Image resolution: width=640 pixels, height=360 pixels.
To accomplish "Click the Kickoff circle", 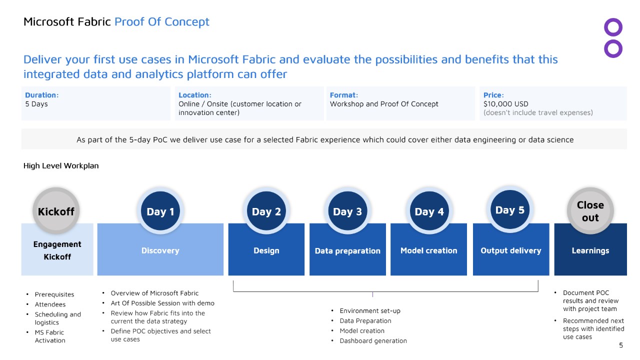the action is [x=56, y=211].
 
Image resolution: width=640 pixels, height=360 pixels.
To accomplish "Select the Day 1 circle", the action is [x=160, y=211].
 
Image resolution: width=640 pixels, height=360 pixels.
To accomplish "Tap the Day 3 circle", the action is [x=347, y=211].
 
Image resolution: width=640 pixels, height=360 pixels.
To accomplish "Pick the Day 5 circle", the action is [x=510, y=209].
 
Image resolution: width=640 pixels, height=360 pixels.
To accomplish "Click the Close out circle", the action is [x=590, y=211].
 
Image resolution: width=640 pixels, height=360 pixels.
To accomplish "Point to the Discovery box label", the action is [x=160, y=250].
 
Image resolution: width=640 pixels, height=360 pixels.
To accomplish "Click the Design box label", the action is [x=266, y=250].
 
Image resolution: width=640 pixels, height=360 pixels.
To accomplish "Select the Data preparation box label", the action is [x=347, y=251].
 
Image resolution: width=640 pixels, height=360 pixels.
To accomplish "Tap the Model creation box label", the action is [x=428, y=250].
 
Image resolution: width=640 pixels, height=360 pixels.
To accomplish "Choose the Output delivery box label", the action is [x=511, y=250].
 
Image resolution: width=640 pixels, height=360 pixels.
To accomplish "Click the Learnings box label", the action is [x=590, y=250].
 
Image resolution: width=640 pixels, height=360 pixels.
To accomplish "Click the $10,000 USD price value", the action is [x=505, y=104].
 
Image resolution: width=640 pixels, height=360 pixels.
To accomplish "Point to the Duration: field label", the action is [x=41, y=95].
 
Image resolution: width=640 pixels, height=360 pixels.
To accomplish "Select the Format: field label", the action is [x=343, y=95].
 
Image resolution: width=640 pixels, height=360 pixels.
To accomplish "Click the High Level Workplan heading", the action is [x=61, y=165].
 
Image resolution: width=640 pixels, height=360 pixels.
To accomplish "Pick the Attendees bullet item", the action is [x=50, y=304].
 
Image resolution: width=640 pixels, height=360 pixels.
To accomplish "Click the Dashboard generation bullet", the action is [x=373, y=341].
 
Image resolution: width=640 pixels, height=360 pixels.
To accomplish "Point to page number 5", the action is [x=621, y=345].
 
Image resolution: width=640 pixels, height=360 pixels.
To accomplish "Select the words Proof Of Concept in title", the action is [x=161, y=22].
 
